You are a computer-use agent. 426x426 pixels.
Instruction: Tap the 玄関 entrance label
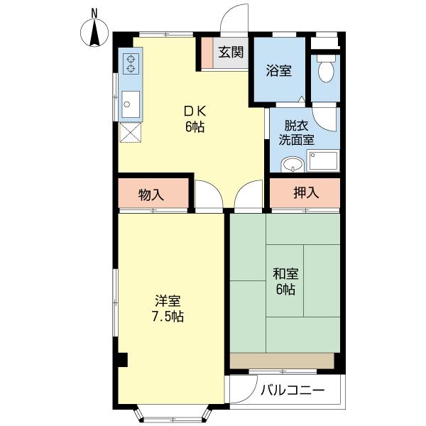pyautogui.click(x=231, y=52)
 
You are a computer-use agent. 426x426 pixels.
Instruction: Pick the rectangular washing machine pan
pyautogui.click(x=323, y=163)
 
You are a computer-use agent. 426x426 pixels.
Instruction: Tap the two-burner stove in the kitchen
pyautogui.click(x=131, y=65)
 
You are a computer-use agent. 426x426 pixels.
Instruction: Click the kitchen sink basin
pyautogui.click(x=131, y=106)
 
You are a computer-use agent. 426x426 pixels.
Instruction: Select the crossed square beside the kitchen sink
pyautogui.click(x=131, y=133)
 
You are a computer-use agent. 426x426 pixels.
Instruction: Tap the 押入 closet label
pyautogui.click(x=305, y=192)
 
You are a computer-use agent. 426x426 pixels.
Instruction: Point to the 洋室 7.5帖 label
pyautogui.click(x=168, y=309)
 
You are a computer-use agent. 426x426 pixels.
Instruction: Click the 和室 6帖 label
pyautogui.click(x=285, y=281)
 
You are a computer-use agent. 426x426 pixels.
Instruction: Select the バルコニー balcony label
pyautogui.click(x=292, y=390)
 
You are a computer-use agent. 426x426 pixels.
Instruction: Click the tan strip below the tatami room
pyautogui.click(x=282, y=361)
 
